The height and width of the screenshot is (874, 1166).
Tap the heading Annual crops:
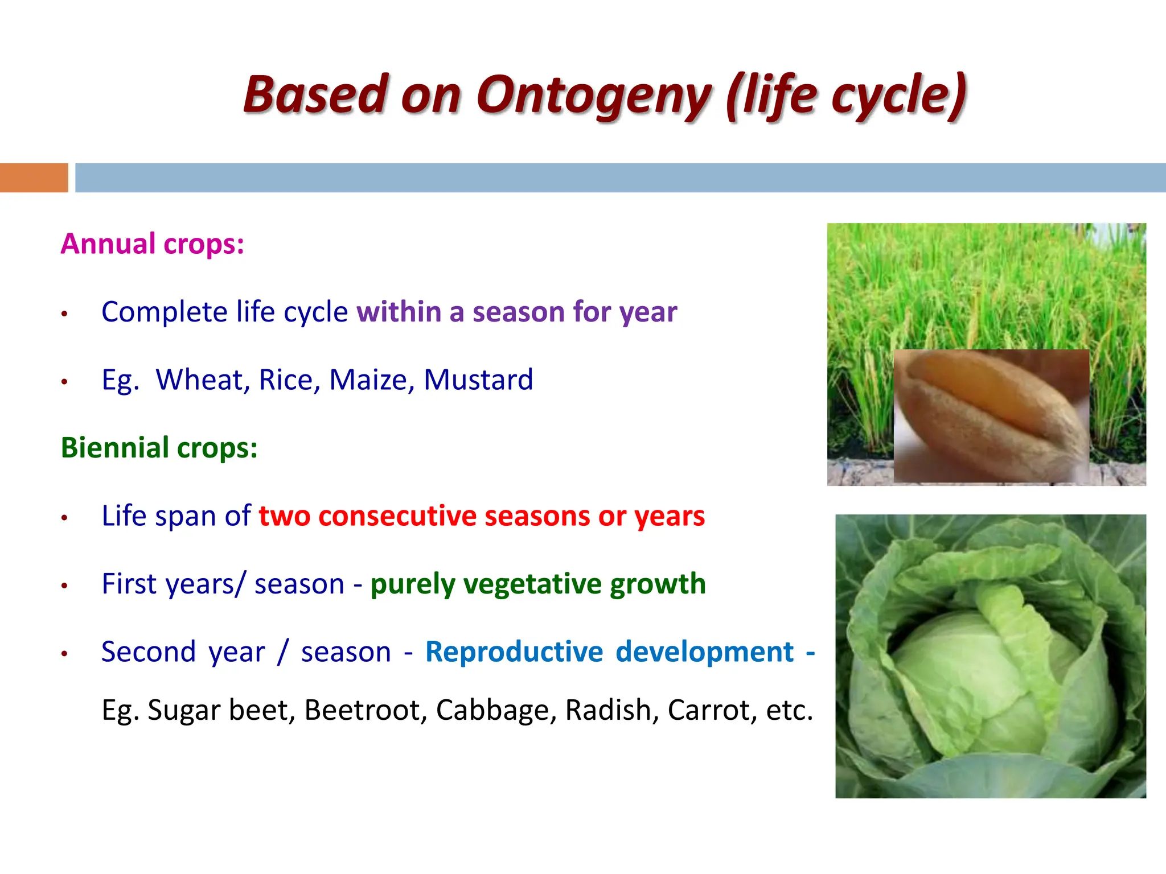pyautogui.click(x=153, y=244)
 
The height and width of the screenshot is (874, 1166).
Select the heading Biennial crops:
pyautogui.click(x=159, y=448)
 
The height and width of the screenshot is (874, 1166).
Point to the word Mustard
pyautogui.click(x=478, y=380)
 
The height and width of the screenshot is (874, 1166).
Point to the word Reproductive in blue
pyautogui.click(x=514, y=652)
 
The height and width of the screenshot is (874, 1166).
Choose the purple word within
pyautogui.click(x=399, y=312)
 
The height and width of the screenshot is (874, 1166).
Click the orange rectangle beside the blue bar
pyautogui.click(x=34, y=178)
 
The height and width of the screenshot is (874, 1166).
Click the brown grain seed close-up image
pyautogui.click(x=991, y=416)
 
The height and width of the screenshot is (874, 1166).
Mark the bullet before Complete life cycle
pyautogui.click(x=65, y=314)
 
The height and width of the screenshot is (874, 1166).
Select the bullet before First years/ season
pyautogui.click(x=65, y=586)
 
